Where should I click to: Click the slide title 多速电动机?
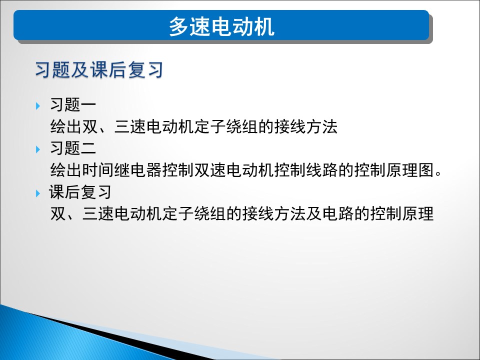pyautogui.click(x=221, y=26)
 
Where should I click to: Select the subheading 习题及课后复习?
pyautogui.click(x=99, y=70)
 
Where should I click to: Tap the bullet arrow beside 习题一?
pyautogui.click(x=38, y=106)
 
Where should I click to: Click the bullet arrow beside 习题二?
pyautogui.click(x=38, y=149)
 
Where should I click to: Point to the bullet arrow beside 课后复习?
pyautogui.click(x=38, y=193)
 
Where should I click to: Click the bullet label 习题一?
pyautogui.click(x=73, y=104)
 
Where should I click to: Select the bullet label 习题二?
pyautogui.click(x=73, y=148)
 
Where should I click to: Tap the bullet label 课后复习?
pyautogui.click(x=80, y=192)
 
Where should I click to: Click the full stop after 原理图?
pyautogui.click(x=438, y=174)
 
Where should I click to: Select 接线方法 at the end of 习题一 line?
pyautogui.click(x=305, y=126)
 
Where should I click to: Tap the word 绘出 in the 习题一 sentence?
pyautogui.click(x=66, y=126)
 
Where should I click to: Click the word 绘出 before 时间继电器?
pyautogui.click(x=66, y=170)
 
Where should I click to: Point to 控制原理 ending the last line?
pyautogui.click(x=402, y=213)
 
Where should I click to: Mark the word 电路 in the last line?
pyautogui.click(x=338, y=213)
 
